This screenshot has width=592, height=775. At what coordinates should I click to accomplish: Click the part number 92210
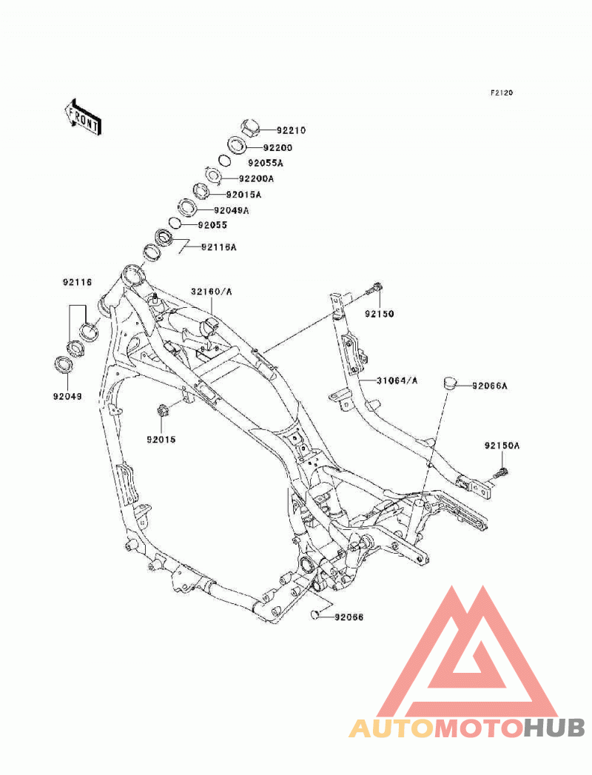291,130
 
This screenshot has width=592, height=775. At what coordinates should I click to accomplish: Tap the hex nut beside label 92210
250,127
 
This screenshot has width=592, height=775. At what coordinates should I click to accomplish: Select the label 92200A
256,178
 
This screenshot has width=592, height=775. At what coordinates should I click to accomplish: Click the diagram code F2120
502,93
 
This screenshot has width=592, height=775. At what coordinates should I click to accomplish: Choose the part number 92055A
266,163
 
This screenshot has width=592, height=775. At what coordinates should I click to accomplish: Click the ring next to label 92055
175,223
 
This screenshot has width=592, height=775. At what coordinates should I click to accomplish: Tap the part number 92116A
219,246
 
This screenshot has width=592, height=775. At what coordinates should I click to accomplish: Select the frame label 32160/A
212,292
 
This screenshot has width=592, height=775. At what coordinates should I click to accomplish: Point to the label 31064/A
397,380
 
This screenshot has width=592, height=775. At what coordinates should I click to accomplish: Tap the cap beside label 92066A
448,383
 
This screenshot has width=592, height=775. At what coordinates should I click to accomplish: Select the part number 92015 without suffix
161,440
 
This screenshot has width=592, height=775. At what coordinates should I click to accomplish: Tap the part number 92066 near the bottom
349,617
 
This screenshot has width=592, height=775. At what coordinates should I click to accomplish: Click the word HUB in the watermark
554,728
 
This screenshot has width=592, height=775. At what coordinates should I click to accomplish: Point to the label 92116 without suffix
77,283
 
